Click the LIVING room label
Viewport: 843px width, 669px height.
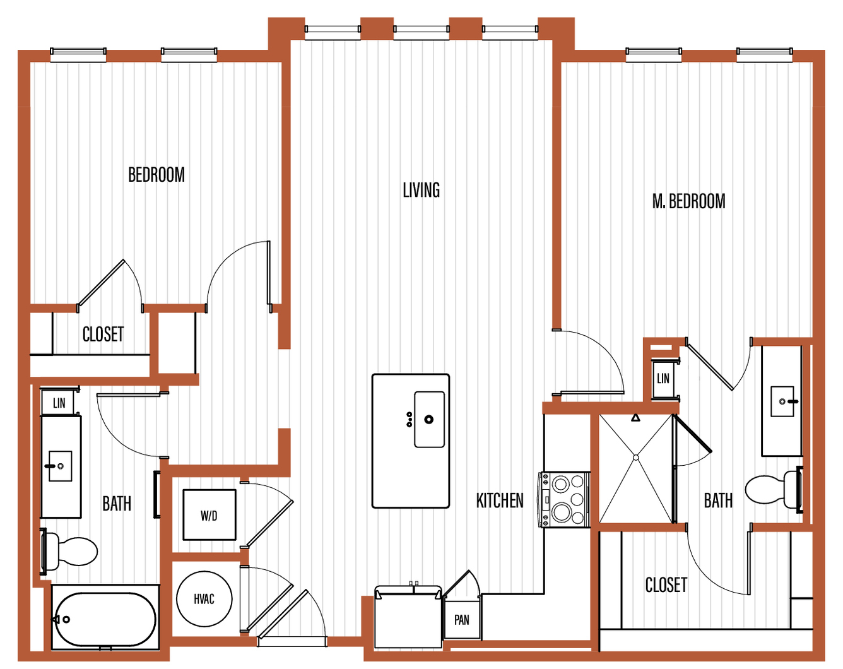421,190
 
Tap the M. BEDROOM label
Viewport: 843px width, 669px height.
688,201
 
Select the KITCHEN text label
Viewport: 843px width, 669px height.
500,501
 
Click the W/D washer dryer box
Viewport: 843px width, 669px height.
209,515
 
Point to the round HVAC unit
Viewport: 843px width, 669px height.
204,599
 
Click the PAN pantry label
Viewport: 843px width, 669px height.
462,620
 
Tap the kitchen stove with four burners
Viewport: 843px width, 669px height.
565,499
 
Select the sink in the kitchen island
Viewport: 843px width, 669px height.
429,419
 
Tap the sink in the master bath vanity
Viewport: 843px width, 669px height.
782,401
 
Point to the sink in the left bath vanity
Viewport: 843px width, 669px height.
60,466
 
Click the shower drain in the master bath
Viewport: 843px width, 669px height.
635,458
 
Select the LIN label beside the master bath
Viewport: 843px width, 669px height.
663,379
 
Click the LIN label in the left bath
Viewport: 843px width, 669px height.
59,403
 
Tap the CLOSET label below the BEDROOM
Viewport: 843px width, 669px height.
103,334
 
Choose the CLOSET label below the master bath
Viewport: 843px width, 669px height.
666,585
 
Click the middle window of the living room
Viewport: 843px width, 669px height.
421,29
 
